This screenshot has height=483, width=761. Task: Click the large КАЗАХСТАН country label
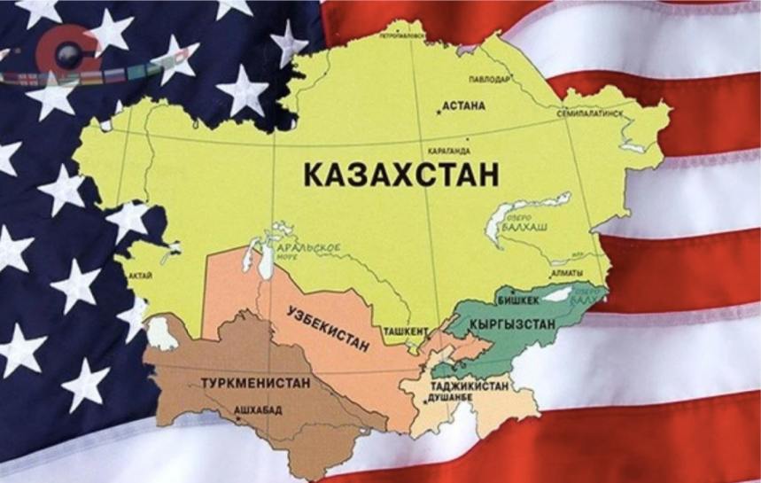(401, 172)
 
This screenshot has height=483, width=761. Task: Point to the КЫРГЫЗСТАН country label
(513, 325)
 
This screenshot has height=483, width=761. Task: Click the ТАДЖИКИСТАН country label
(470, 386)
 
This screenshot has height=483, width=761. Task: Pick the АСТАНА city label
(463, 106)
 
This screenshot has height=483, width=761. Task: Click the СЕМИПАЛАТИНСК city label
(593, 115)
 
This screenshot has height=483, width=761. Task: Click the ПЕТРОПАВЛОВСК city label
(400, 37)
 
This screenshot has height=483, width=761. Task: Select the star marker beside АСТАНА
(437, 110)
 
